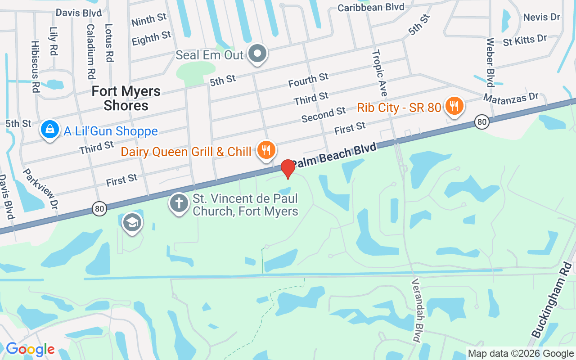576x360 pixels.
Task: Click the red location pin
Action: click(x=288, y=168)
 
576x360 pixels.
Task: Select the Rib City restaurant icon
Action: click(x=454, y=106)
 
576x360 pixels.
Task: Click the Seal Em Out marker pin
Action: click(x=258, y=54)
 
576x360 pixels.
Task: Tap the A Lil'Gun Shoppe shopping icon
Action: click(x=50, y=129)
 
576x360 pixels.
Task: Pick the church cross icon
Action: click(x=179, y=203)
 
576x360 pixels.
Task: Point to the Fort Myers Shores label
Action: click(x=126, y=98)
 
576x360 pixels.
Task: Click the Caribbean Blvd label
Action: click(x=371, y=7)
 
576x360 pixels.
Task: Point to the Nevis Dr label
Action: click(x=542, y=17)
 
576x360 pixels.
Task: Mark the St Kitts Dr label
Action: click(x=525, y=40)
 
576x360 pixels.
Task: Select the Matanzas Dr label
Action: click(x=511, y=97)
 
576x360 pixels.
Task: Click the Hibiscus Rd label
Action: click(x=35, y=67)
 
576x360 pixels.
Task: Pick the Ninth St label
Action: click(x=149, y=19)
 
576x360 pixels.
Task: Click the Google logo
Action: click(x=30, y=349)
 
